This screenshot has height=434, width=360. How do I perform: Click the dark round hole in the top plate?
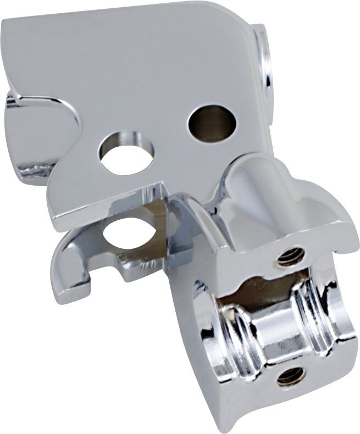coord(212,123)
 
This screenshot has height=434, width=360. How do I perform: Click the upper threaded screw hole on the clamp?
coord(291,257)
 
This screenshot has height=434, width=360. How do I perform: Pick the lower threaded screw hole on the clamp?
coord(291,376)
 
